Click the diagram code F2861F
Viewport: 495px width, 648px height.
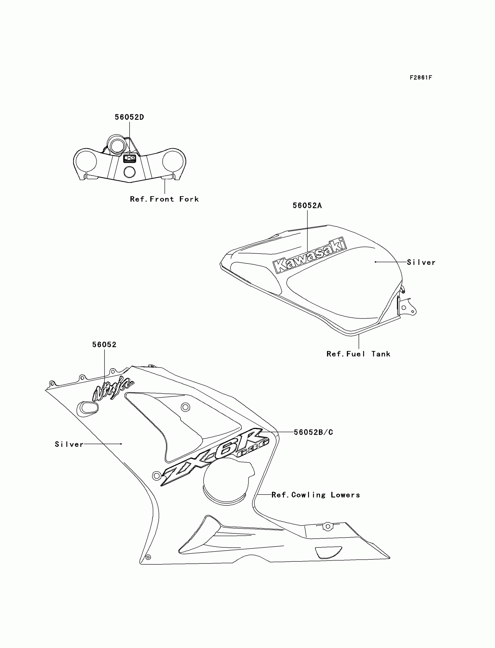[420, 78]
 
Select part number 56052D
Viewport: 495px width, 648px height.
[129, 117]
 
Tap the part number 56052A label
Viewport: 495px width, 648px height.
[307, 206]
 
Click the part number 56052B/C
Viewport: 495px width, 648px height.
[314, 432]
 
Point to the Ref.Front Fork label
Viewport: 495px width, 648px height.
[164, 199]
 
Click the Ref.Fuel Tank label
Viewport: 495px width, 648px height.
[358, 354]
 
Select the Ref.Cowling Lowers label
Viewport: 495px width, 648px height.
[316, 495]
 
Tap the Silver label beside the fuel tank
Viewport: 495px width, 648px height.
[421, 262]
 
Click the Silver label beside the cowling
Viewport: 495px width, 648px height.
[69, 444]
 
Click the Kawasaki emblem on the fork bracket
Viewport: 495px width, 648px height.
[130, 159]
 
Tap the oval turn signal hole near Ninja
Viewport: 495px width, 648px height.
[88, 408]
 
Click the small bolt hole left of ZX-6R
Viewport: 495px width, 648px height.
[156, 475]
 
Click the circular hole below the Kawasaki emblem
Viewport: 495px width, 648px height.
[129, 172]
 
